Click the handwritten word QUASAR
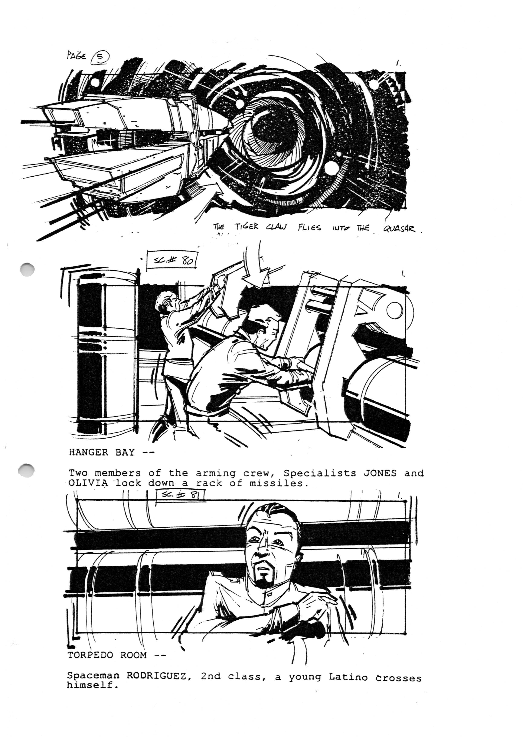[399, 229]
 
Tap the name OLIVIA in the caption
[88, 483]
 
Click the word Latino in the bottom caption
[348, 678]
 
